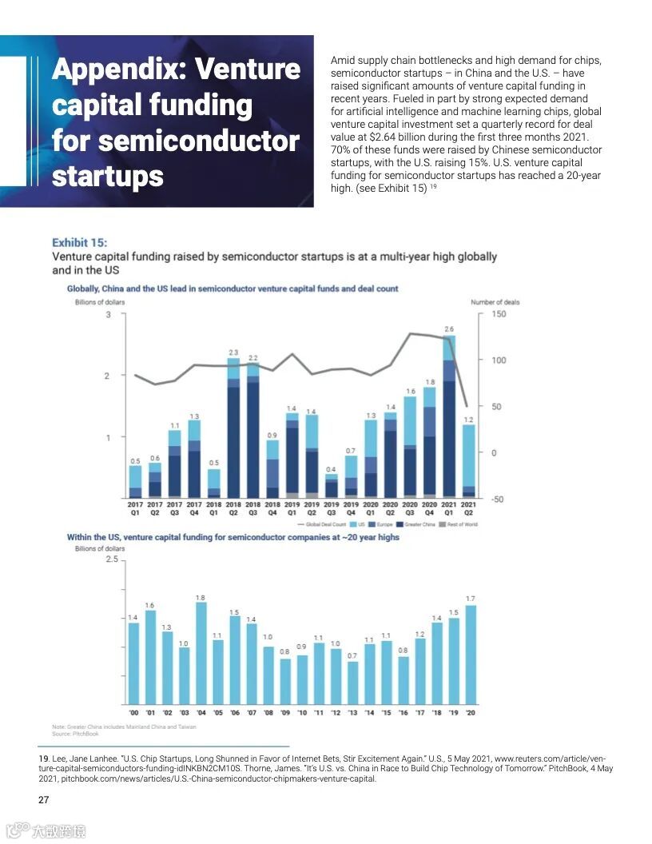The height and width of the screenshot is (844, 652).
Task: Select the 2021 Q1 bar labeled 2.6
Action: coord(449,416)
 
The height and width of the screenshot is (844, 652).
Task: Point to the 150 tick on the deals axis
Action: coord(499,314)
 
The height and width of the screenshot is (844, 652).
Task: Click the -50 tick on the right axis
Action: coord(498,500)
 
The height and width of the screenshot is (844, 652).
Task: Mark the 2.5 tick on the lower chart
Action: coord(111,560)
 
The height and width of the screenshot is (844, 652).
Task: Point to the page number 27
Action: coord(45,800)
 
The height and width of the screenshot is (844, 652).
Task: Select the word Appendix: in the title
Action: coord(118,70)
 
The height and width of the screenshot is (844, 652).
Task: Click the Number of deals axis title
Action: coord(495,302)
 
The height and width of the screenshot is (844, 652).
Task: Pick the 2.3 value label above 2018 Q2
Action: coord(233,352)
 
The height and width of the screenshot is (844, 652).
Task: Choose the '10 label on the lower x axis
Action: coord(301,712)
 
